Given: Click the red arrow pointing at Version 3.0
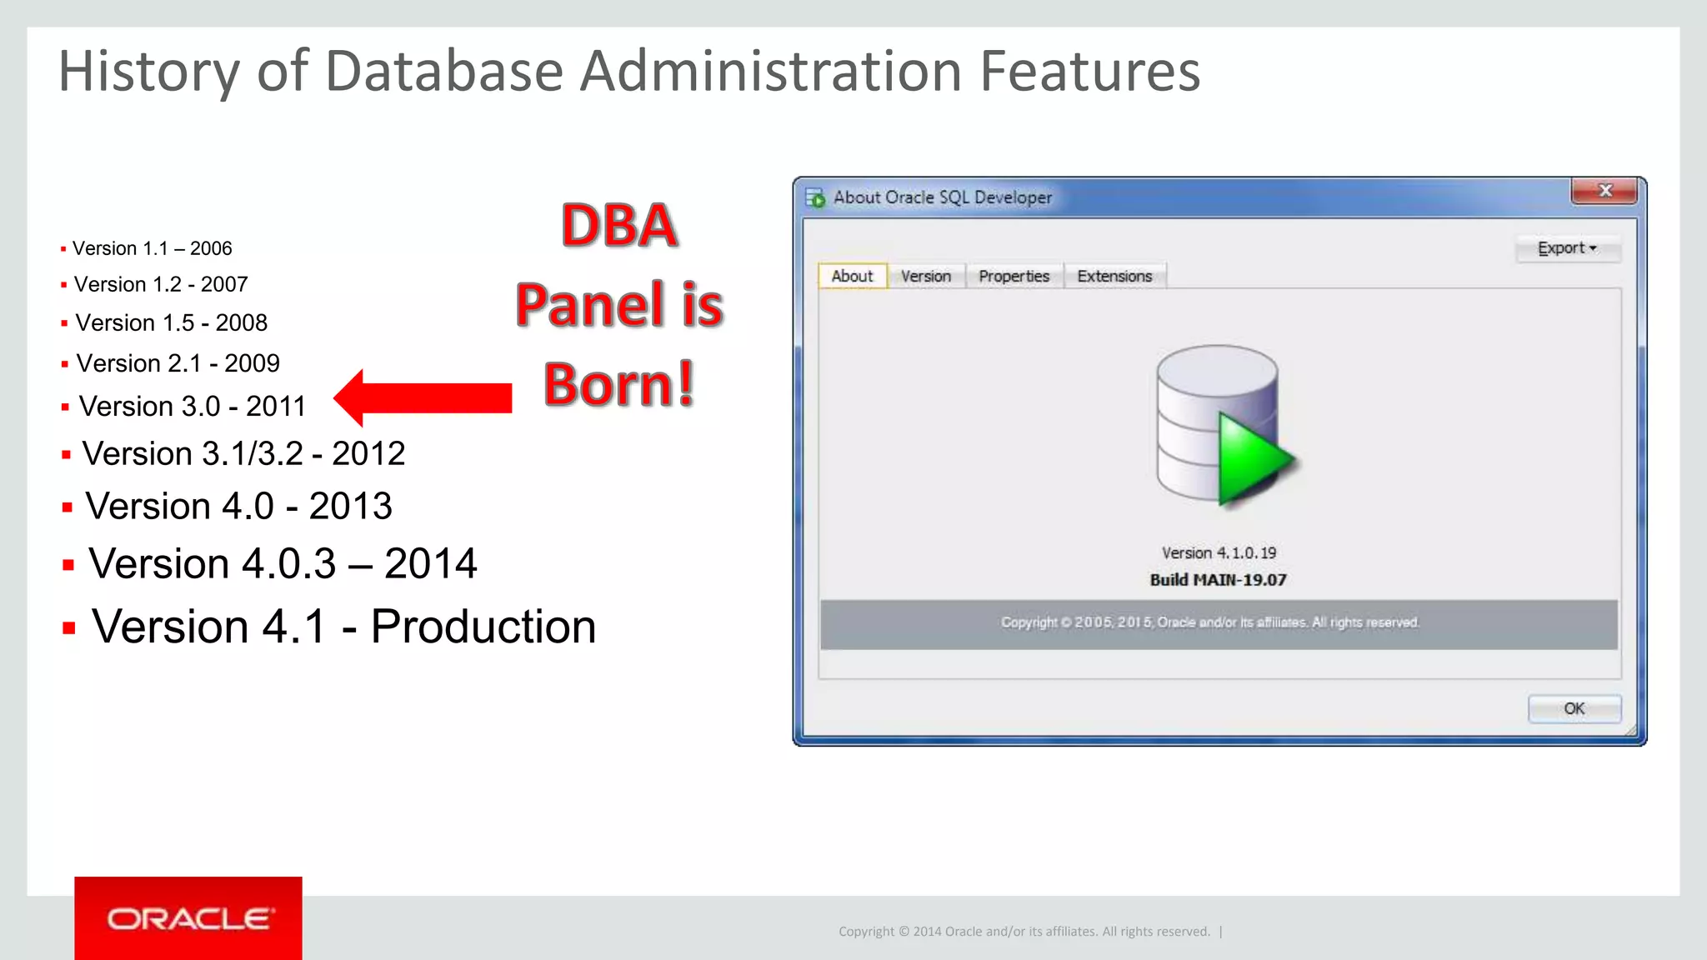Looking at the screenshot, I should pyautogui.click(x=423, y=398).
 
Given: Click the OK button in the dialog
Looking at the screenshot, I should pyautogui.click(x=1574, y=708).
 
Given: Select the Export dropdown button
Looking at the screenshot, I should pyautogui.click(x=1567, y=248).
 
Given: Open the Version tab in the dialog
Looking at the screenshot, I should pyautogui.click(x=925, y=276).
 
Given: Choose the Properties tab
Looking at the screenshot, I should pyautogui.click(x=1014, y=276).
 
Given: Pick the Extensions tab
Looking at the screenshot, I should pyautogui.click(x=1114, y=276).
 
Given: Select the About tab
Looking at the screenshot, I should pyautogui.click(x=852, y=276).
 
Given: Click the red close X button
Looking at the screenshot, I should pyautogui.click(x=1604, y=191).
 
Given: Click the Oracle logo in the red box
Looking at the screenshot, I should pyautogui.click(x=188, y=918).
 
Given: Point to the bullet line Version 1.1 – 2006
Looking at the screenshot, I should pyautogui.click(x=152, y=248).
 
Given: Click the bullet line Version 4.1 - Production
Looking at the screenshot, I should pyautogui.click(x=343, y=627).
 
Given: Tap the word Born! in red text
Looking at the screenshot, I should pyautogui.click(x=619, y=384).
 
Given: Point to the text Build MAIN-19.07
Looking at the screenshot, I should pyautogui.click(x=1218, y=580).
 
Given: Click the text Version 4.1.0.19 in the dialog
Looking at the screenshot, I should pyautogui.click(x=1219, y=552).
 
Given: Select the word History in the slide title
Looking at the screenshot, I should pyautogui.click(x=149, y=72).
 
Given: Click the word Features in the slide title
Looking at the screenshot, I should pyautogui.click(x=1089, y=72).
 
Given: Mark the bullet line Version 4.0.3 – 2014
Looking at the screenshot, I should pyautogui.click(x=283, y=564).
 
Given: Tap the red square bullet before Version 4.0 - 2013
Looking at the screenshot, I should pyautogui.click(x=68, y=507).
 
